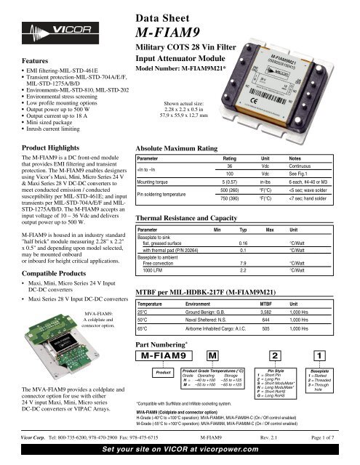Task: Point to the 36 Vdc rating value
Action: tap(230, 166)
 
